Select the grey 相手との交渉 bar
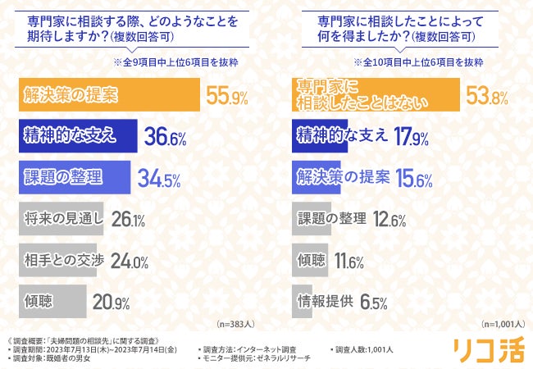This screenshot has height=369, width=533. (57, 260)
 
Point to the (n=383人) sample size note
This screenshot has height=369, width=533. (238, 323)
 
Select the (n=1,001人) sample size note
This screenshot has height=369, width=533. (503, 323)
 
